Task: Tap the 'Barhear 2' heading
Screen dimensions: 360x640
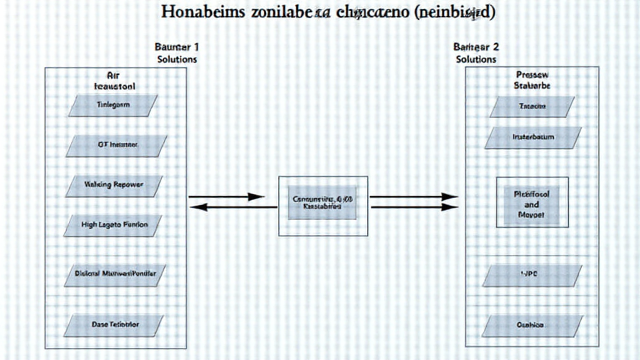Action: coord(476,46)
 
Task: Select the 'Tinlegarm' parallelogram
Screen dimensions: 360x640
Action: coord(113,106)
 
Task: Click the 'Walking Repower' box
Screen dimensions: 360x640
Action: coord(113,186)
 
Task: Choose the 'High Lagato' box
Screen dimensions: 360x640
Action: coord(113,225)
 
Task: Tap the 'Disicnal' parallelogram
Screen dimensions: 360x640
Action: coord(115,273)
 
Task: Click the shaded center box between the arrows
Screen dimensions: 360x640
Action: coord(322,202)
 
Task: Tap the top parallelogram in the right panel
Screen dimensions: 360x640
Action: coord(532,107)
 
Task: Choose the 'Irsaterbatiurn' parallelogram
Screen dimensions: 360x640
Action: coord(532,137)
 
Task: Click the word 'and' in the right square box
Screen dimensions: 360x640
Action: coord(532,204)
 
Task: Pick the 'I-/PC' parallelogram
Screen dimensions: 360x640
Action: coord(532,274)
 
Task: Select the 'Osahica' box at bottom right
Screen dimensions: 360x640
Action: coord(532,325)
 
